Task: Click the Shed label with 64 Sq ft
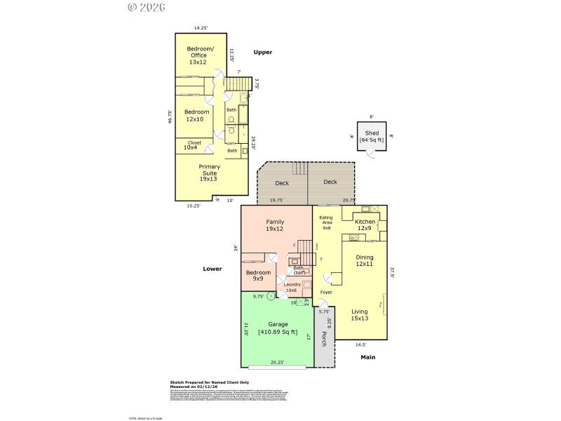tap(372, 136)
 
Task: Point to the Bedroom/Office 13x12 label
tap(197, 55)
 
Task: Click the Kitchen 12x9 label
tap(365, 225)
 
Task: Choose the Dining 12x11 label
tap(365, 260)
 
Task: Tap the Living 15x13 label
tap(360, 315)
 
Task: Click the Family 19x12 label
tap(274, 225)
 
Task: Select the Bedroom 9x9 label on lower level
tap(258, 275)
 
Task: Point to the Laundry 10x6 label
tap(292, 287)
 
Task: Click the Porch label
tap(324, 339)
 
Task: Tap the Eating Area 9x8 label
tap(326, 222)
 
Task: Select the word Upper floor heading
tap(262, 52)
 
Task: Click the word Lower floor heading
tap(212, 269)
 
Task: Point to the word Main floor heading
tap(368, 357)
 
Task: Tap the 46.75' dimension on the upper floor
tap(170, 116)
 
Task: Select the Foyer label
tap(326, 292)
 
